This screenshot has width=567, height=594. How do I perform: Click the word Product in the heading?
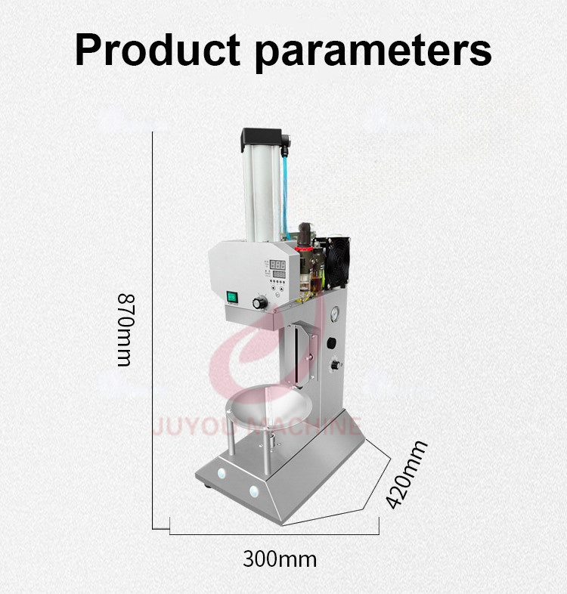(x=158, y=50)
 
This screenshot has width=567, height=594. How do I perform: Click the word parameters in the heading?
(x=373, y=53)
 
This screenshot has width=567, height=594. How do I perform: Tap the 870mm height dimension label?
(x=125, y=329)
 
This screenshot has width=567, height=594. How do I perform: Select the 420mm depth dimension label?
(x=406, y=475)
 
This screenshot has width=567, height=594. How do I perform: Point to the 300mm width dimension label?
(x=280, y=558)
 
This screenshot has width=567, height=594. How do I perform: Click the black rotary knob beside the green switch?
(x=260, y=303)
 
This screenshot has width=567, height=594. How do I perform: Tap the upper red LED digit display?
(x=277, y=265)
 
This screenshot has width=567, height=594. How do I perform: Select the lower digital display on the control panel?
(x=279, y=274)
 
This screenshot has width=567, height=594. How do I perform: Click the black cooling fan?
(x=337, y=263)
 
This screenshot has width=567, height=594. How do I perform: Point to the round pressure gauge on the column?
(x=335, y=314)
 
